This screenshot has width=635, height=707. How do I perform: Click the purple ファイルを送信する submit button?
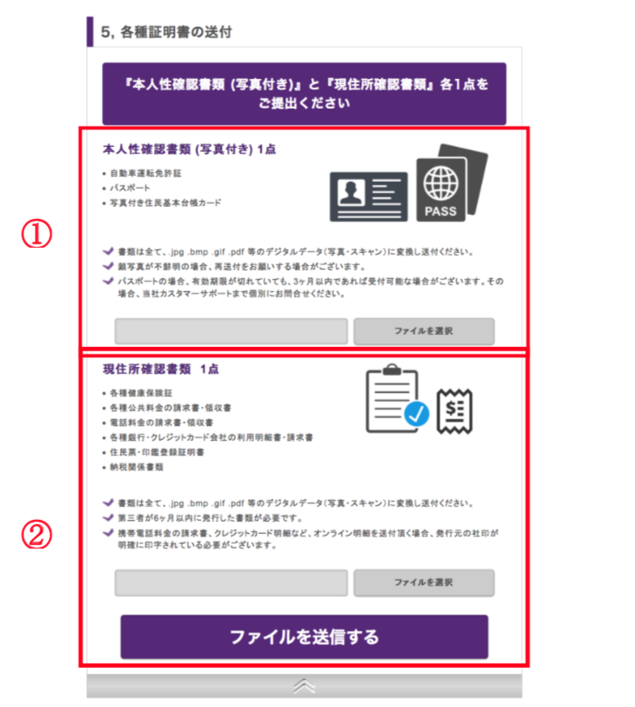[304, 637]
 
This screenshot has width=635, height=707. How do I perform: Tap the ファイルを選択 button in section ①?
[424, 331]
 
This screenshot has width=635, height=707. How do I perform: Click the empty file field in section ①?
[231, 331]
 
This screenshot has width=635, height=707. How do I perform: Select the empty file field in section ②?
[231, 583]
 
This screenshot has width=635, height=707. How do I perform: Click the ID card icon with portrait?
[369, 197]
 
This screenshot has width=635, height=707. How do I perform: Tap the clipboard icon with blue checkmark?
[397, 398]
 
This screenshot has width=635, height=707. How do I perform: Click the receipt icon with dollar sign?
[455, 411]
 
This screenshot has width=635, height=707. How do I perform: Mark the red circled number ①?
[37, 234]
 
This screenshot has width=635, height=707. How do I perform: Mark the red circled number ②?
[37, 535]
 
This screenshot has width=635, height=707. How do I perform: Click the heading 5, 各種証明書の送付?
[166, 32]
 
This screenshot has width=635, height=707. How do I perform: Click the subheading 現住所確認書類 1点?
[161, 370]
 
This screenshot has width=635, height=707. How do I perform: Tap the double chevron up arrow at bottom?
[304, 686]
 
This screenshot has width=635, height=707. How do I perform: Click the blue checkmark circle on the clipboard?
[417, 413]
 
